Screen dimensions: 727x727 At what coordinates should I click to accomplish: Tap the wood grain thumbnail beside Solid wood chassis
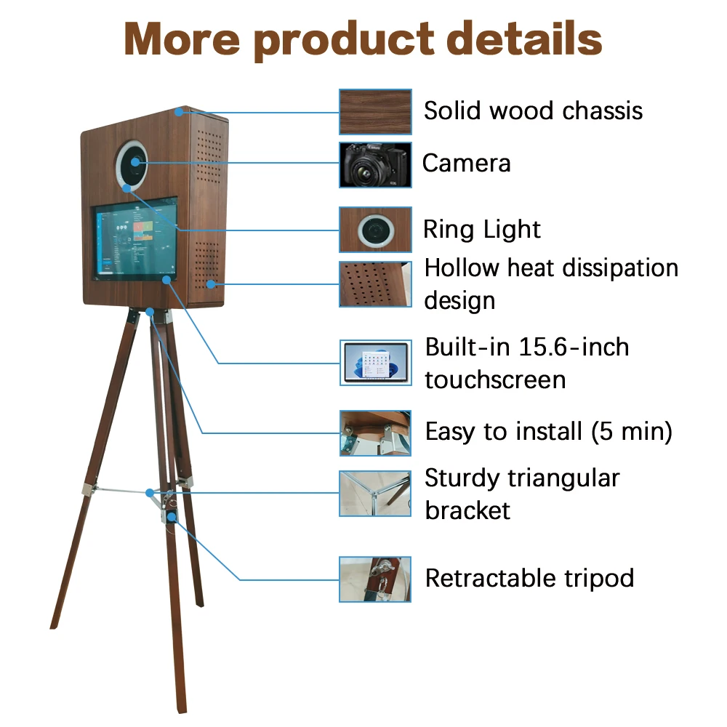pos(375,111)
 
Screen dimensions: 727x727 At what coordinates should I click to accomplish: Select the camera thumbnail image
pos(375,164)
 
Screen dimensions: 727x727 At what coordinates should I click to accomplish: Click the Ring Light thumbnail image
pos(375,230)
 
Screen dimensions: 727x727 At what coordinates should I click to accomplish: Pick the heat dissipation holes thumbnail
pos(375,284)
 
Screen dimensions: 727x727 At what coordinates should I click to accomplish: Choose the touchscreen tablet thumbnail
pos(375,362)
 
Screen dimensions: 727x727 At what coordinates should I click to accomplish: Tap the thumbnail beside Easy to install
pos(375,433)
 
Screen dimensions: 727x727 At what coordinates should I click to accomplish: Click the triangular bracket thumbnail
pos(375,494)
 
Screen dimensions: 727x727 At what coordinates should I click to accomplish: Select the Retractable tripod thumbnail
pos(375,579)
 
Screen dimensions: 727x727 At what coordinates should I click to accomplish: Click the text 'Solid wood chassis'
pos(533,111)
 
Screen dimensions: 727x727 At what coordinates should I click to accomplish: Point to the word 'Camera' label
pos(466,163)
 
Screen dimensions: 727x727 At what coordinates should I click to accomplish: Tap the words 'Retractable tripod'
pos(529,579)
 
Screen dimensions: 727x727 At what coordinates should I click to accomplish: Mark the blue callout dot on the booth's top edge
pos(179,112)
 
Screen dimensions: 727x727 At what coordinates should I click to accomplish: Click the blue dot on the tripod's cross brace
pos(150,492)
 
